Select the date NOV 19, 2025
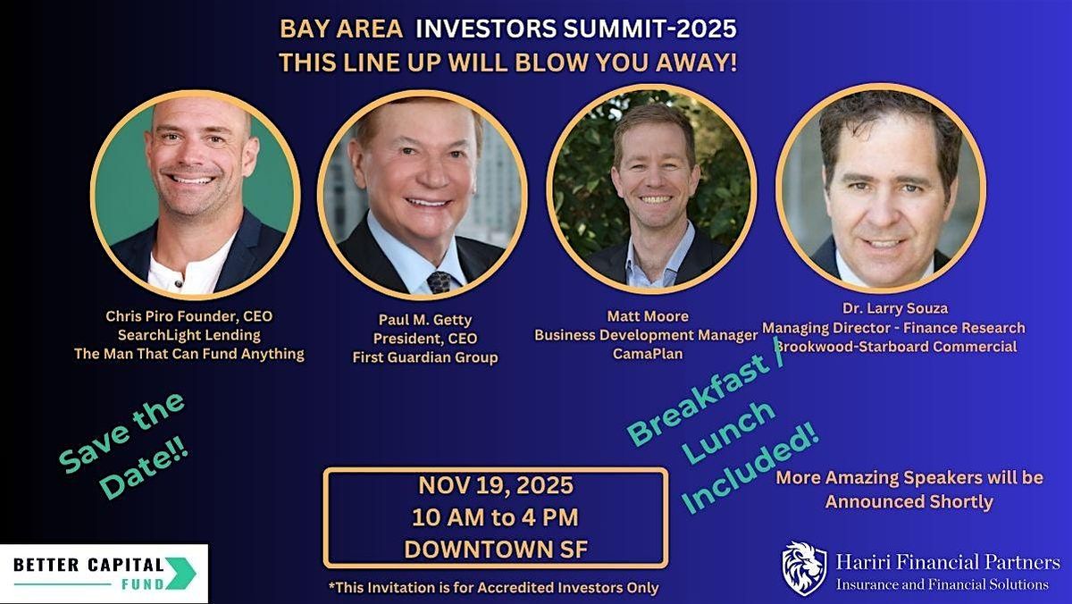click(496, 486)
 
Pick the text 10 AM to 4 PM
click(495, 517)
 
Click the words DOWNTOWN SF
click(496, 549)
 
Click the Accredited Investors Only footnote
click(494, 587)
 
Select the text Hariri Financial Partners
click(948, 562)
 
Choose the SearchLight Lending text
click(188, 334)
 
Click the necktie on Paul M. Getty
click(439, 282)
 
